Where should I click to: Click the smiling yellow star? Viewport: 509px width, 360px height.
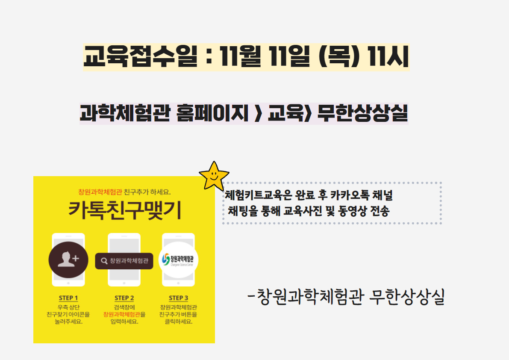click(214, 176)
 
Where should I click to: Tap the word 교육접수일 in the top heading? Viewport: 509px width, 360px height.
click(140, 56)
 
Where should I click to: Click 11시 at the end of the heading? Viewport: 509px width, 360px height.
click(388, 56)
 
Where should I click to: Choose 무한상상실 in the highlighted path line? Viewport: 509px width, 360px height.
click(362, 113)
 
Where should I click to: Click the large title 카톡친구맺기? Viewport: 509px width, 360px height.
click(125, 210)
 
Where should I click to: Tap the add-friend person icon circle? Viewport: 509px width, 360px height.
click(68, 260)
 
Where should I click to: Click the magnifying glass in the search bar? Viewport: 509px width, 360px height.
click(104, 261)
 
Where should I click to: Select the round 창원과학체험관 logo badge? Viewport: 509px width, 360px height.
click(178, 260)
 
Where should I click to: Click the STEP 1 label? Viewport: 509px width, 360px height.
click(68, 298)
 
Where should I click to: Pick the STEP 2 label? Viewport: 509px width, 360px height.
click(124, 298)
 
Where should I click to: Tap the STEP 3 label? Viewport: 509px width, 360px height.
click(178, 298)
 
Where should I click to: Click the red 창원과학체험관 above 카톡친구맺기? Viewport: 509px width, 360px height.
click(100, 192)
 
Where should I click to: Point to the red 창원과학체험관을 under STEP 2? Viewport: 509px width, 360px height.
click(124, 314)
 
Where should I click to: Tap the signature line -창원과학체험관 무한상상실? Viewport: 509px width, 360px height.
click(346, 297)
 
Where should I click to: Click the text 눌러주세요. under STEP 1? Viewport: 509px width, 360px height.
click(68, 322)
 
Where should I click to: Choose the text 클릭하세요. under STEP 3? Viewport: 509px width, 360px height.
click(178, 322)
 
